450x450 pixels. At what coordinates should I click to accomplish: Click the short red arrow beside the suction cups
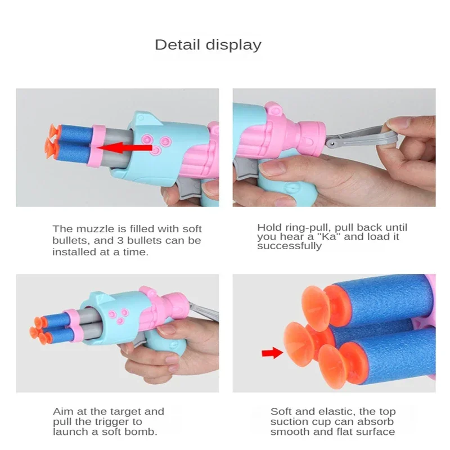pyautogui.click(x=271, y=353)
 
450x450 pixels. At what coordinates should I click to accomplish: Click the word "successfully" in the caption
pyautogui.click(x=289, y=246)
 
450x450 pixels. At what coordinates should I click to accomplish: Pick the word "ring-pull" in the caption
pyautogui.click(x=302, y=227)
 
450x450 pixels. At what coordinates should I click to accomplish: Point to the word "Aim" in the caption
pyautogui.click(x=62, y=411)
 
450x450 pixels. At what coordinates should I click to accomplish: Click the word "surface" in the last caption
pyautogui.click(x=377, y=431)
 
